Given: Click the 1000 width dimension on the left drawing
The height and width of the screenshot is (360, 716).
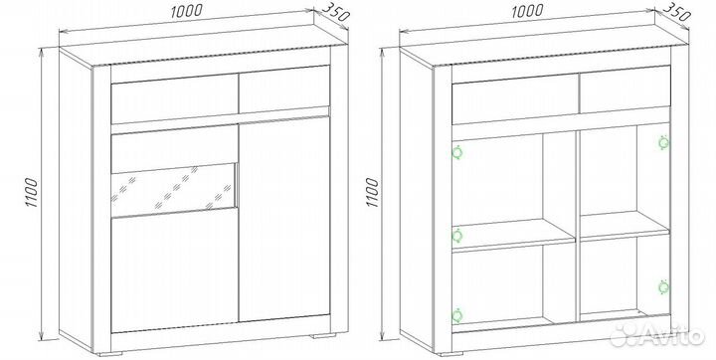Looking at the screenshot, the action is click(186, 11).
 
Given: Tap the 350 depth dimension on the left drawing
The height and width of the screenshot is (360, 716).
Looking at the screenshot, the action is click(336, 14).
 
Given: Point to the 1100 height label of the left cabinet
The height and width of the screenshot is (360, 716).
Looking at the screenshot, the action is click(32, 192).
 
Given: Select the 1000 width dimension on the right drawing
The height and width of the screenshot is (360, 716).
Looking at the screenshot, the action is click(527, 11).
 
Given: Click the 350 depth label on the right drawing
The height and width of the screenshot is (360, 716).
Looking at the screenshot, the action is click(676, 13).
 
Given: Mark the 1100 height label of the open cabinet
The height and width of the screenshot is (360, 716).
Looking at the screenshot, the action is click(373, 192).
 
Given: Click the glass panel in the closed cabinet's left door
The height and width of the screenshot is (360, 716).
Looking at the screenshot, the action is click(174, 190).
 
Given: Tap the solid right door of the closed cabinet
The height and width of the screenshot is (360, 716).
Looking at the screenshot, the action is click(284, 219).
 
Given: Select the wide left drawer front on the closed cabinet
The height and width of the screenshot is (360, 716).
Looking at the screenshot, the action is click(174, 98).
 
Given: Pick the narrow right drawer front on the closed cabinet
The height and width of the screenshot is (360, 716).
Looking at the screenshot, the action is click(284, 90).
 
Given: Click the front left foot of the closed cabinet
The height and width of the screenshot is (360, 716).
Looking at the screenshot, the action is click(110, 353).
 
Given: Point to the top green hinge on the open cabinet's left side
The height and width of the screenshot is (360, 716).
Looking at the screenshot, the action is click(457, 152).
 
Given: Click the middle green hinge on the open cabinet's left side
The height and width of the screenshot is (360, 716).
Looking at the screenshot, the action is click(456, 236).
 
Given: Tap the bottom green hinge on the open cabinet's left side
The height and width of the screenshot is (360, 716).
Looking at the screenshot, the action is click(456, 315).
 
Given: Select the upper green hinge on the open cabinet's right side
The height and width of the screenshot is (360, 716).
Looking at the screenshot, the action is click(664, 142).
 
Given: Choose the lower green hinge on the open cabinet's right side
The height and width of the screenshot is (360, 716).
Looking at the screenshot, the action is click(664, 286).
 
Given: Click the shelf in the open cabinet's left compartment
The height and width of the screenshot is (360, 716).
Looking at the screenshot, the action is click(514, 236).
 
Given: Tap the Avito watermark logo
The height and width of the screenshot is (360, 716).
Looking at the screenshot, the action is click(658, 335).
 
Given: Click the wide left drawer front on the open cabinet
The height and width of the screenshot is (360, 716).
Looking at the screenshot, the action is click(515, 99).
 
